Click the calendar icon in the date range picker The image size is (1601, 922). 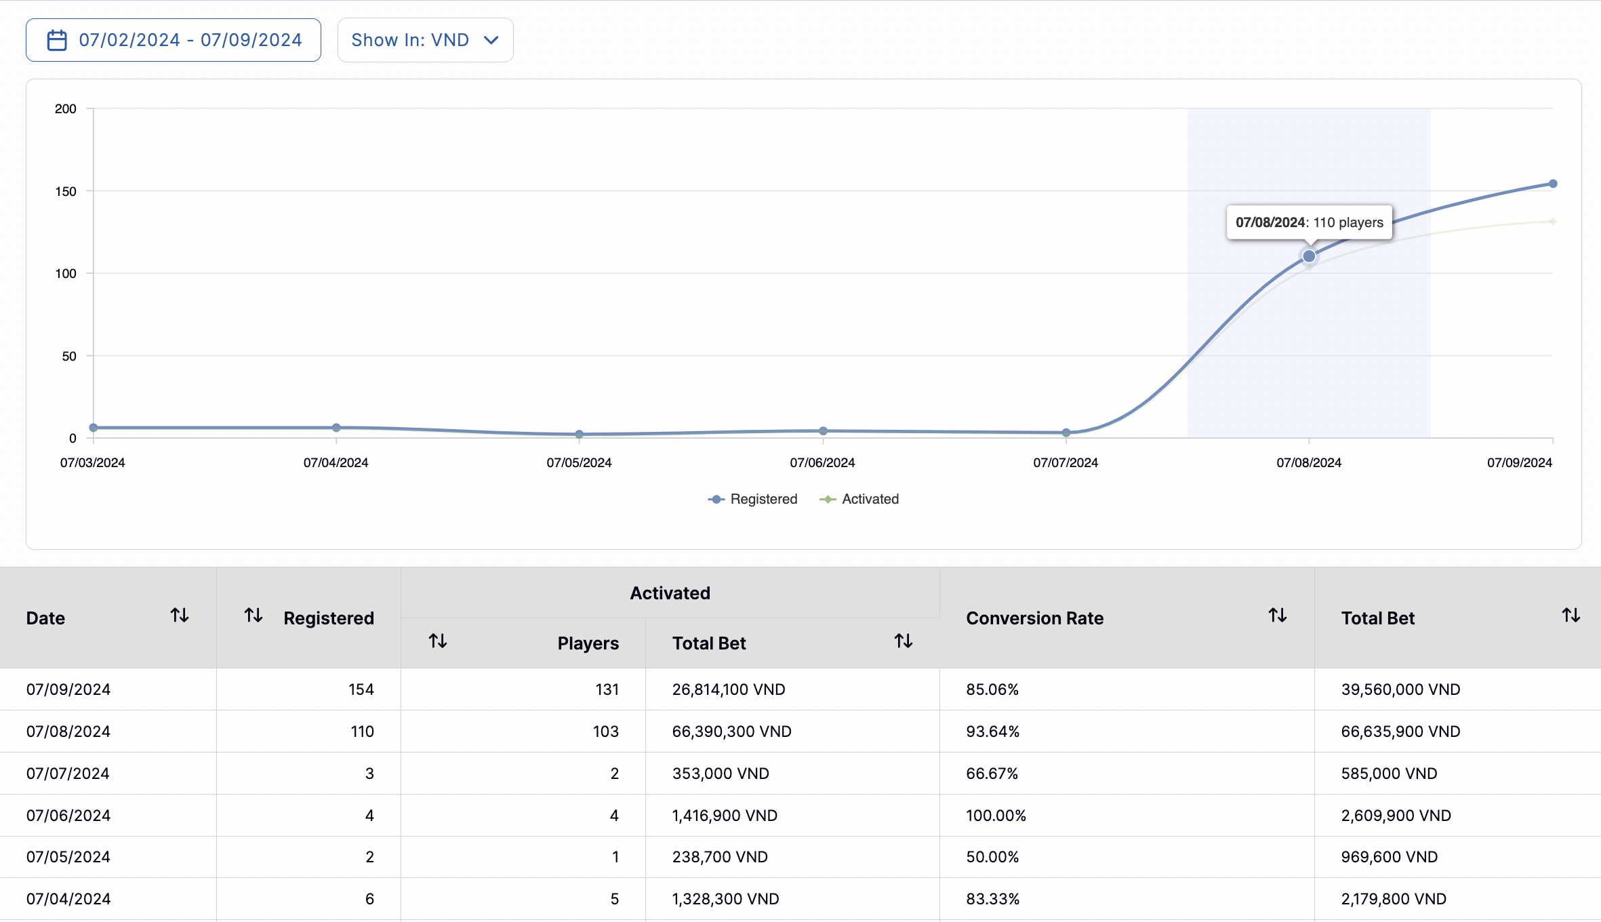(x=57, y=41)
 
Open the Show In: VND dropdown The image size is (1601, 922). (x=425, y=41)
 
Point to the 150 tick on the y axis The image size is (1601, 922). (x=66, y=191)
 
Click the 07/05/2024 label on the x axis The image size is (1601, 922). (x=579, y=462)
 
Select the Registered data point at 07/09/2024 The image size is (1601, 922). (x=1552, y=184)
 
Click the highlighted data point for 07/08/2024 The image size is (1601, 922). (x=1309, y=256)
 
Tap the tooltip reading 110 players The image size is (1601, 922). (x=1309, y=222)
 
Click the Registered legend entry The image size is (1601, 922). (x=753, y=499)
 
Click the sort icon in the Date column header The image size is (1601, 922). (x=180, y=616)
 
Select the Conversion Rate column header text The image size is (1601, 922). (x=1034, y=618)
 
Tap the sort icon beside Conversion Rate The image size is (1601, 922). (x=1278, y=616)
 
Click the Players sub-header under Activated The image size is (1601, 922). (x=588, y=643)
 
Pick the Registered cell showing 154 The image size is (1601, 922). (x=361, y=689)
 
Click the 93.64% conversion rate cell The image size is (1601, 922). (x=992, y=731)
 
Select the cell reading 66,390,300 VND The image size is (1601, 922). (x=731, y=731)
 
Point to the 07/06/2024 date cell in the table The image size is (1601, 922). (x=68, y=816)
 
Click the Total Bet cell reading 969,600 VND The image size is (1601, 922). (x=1389, y=857)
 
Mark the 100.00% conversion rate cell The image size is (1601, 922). (x=996, y=816)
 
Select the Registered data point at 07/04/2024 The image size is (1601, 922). (x=336, y=428)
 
